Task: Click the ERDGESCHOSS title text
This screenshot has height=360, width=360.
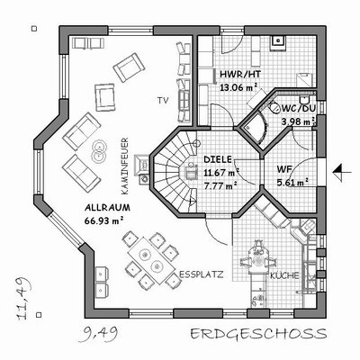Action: [x=258, y=334]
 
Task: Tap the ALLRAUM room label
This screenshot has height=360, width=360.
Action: [x=107, y=208]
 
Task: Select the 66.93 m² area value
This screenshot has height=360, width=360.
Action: [x=104, y=221]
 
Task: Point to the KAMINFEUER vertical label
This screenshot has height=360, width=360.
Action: [x=125, y=166]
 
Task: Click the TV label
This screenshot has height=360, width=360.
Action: [x=163, y=101]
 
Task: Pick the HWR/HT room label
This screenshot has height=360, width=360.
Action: [x=240, y=74]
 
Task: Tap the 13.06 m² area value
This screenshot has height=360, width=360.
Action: [x=238, y=87]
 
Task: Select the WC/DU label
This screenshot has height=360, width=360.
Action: [x=298, y=108]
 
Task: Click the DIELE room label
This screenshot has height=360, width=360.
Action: [x=218, y=159]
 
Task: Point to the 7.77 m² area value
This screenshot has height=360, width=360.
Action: [x=220, y=186]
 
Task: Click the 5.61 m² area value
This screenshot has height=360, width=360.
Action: [x=292, y=182]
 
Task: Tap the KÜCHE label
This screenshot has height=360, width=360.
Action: [x=284, y=275]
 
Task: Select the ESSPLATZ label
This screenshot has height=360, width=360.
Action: [x=202, y=274]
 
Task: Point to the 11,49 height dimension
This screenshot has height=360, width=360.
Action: [x=25, y=299]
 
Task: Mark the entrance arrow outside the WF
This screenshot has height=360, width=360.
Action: [x=342, y=172]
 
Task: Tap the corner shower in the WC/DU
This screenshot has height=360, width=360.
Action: [x=255, y=129]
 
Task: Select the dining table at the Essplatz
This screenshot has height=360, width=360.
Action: [x=151, y=261]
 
